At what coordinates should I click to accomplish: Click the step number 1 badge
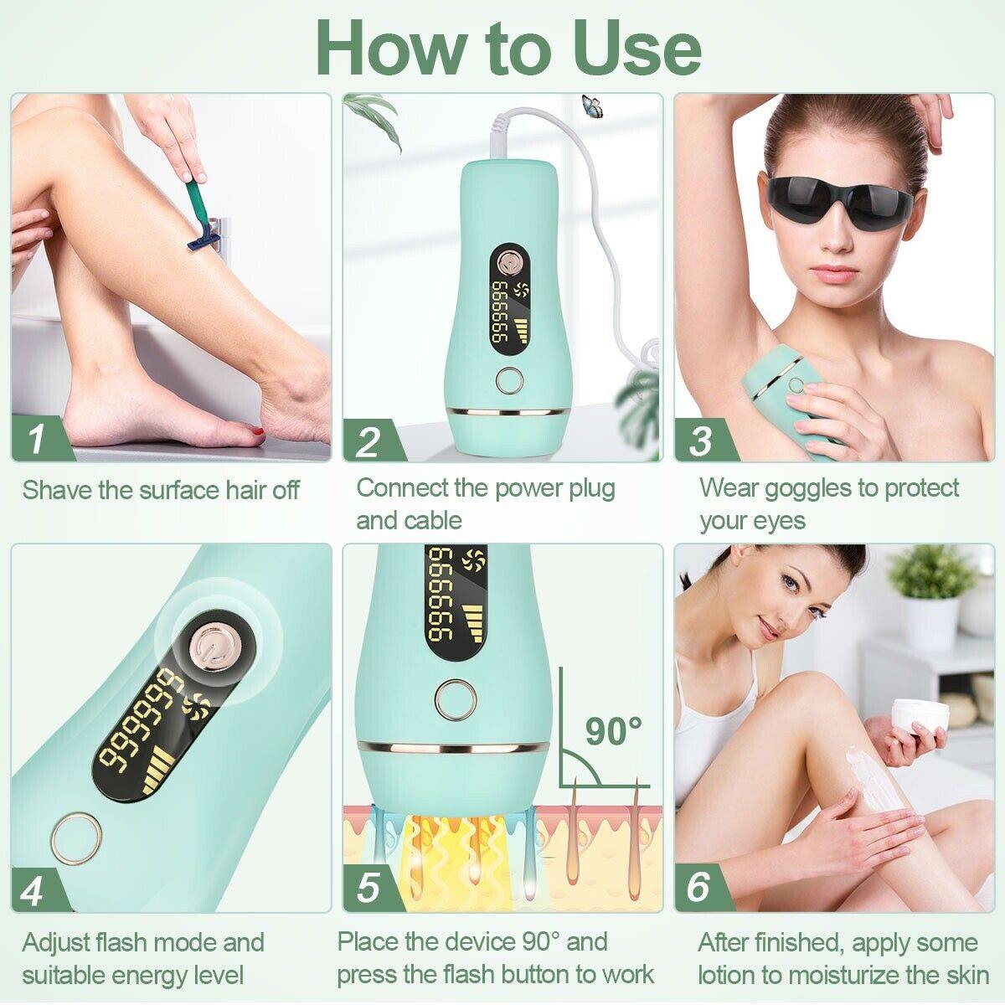point(35,439)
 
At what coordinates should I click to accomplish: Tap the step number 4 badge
point(33,890)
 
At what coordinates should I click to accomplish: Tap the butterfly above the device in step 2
point(592,104)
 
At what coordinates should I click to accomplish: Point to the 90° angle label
point(613,730)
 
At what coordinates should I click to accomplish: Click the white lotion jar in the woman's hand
point(920,716)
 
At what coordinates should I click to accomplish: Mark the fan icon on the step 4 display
point(200,704)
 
